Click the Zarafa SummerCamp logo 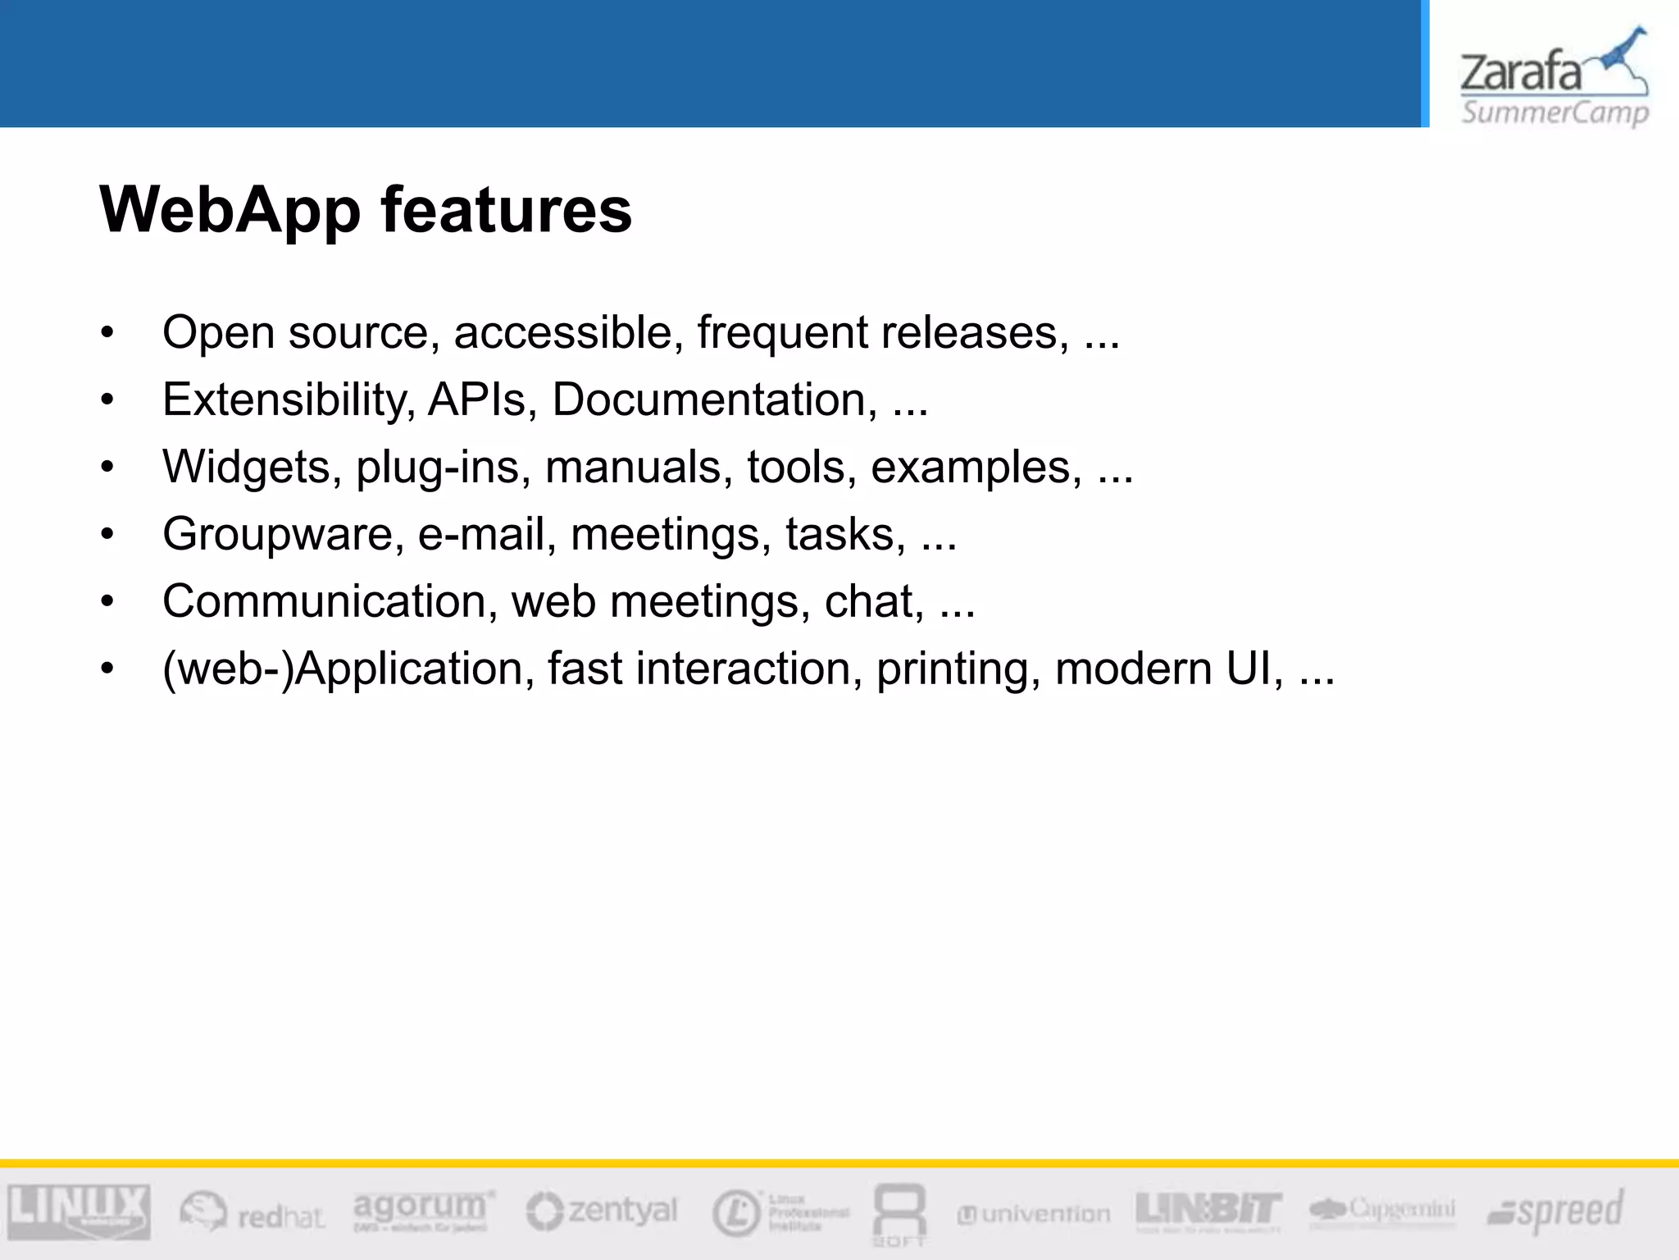pos(1554,78)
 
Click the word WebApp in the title pos(230,210)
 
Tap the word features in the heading pos(506,210)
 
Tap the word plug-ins pos(443,468)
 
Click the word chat pos(874,601)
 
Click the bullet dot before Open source pos(107,334)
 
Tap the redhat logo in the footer pos(252,1212)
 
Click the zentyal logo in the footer pos(602,1211)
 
